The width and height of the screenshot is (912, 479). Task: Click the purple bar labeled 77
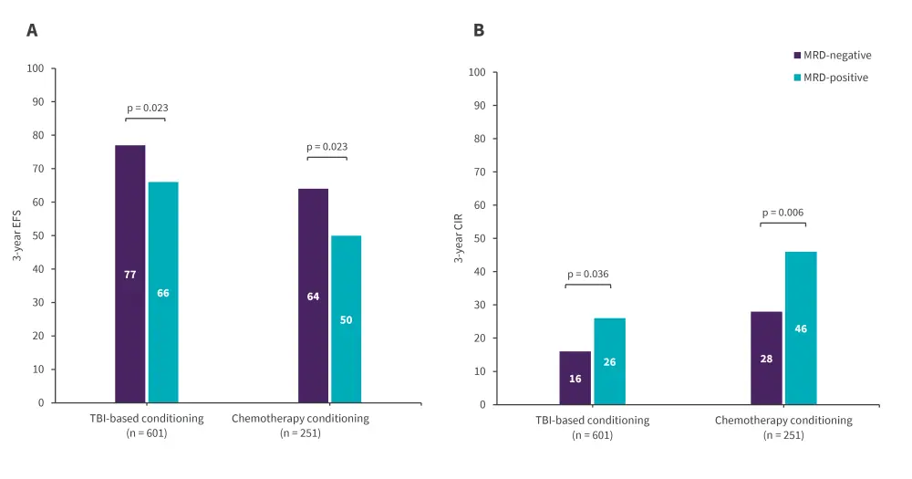(x=130, y=274)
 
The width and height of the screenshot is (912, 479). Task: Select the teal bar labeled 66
(x=163, y=292)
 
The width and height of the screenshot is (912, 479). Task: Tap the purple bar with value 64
(x=313, y=296)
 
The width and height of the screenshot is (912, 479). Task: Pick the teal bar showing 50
(x=346, y=318)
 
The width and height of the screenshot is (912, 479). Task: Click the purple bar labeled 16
(x=575, y=378)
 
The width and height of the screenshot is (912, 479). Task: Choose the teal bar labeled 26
(x=609, y=361)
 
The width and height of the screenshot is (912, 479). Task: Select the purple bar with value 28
(x=766, y=358)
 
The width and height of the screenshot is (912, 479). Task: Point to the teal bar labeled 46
(x=801, y=328)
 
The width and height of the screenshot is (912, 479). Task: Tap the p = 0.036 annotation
(x=587, y=274)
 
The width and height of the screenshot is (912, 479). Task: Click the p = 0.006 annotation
(x=783, y=212)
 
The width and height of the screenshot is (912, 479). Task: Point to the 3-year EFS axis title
(x=17, y=235)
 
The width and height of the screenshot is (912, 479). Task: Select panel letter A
(x=32, y=30)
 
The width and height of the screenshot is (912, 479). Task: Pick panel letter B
(x=479, y=30)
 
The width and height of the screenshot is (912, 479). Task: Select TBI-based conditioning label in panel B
(x=592, y=421)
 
